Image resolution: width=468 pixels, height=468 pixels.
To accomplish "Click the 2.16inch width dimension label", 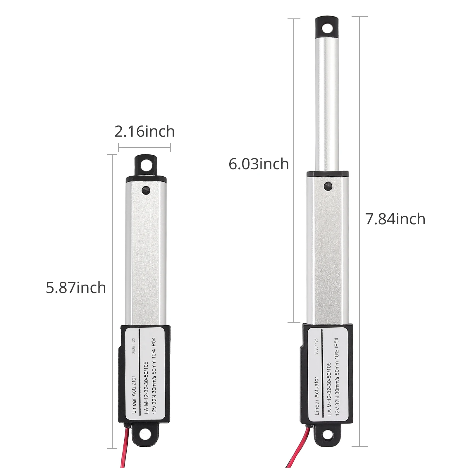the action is click(144, 132).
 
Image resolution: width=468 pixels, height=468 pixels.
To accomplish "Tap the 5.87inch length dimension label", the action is click(76, 288).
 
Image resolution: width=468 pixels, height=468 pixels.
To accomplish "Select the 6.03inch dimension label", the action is click(259, 164).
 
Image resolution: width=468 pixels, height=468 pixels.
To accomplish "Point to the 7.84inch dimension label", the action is click(395, 219).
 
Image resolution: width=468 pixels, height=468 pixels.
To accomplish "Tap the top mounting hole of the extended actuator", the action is click(327, 29).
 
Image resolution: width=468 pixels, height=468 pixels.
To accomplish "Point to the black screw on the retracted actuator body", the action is click(145, 190).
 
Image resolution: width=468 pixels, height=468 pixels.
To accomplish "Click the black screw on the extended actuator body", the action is click(328, 186).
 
